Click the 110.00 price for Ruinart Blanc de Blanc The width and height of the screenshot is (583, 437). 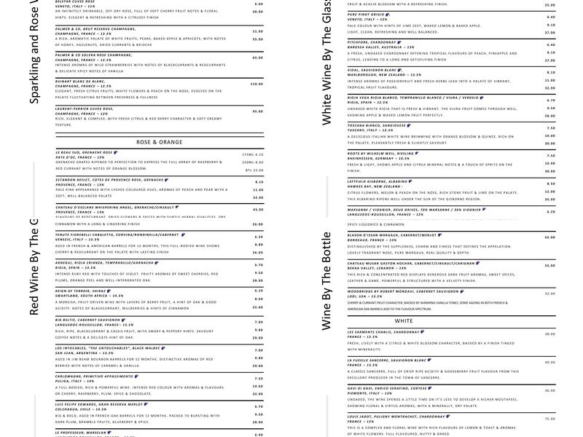[256, 84]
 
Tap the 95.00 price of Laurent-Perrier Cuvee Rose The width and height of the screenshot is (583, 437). [257, 111]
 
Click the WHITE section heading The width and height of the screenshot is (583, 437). [404, 320]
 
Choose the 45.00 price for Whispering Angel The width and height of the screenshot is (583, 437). [257, 210]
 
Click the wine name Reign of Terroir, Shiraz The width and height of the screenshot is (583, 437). [79, 290]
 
